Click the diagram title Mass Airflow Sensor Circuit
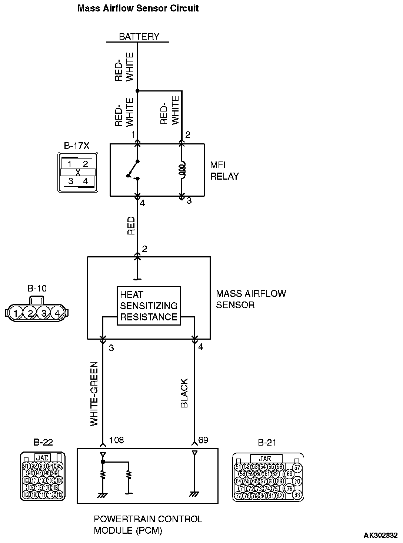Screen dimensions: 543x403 pyautogui.click(x=138, y=8)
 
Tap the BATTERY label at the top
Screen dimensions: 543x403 pyautogui.click(x=139, y=36)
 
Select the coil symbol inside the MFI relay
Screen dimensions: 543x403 pyautogui.click(x=182, y=170)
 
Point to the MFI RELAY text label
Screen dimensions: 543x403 pyautogui.click(x=224, y=171)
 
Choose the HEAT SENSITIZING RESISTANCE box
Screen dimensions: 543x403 pyautogui.click(x=149, y=306)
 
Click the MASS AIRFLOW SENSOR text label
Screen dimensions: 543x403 pyautogui.click(x=251, y=299)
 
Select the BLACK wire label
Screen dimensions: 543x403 pyautogui.click(x=184, y=393)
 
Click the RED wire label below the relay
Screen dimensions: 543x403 pyautogui.click(x=131, y=226)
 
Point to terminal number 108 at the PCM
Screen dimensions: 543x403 pyautogui.click(x=116, y=440)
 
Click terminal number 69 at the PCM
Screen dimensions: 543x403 pyautogui.click(x=203, y=440)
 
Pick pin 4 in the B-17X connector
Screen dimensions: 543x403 pyautogui.click(x=86, y=181)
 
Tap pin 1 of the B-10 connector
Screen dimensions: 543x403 pyautogui.click(x=16, y=313)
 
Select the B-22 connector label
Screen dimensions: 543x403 pyautogui.click(x=43, y=442)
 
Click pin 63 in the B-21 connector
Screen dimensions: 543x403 pyautogui.click(x=290, y=474)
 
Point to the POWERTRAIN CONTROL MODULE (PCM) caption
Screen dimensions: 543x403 pyautogui.click(x=148, y=524)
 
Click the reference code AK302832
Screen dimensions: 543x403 pyautogui.click(x=380, y=535)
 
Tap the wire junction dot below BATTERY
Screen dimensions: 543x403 pyautogui.click(x=137, y=91)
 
